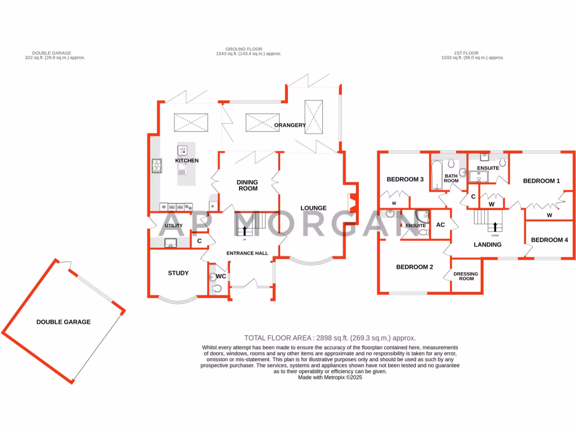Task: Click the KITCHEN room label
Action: click(x=187, y=161)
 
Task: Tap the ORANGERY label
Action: click(x=290, y=125)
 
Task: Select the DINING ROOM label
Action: click(x=247, y=185)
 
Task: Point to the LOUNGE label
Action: click(x=313, y=208)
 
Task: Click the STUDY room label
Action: click(x=178, y=273)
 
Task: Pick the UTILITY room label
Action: click(x=173, y=226)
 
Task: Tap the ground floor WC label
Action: click(x=221, y=277)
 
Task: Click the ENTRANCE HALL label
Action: click(x=247, y=254)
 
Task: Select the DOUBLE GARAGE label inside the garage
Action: click(x=64, y=322)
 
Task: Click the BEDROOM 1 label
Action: click(x=541, y=181)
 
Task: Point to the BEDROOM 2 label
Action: click(x=414, y=267)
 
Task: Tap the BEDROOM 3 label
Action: click(x=405, y=179)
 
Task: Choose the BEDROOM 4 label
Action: click(x=550, y=240)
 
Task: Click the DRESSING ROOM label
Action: click(x=466, y=276)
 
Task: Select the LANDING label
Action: click(x=487, y=245)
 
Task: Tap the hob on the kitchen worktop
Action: click(x=156, y=165)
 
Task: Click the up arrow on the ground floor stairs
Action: click(x=245, y=229)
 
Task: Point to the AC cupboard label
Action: click(x=441, y=225)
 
